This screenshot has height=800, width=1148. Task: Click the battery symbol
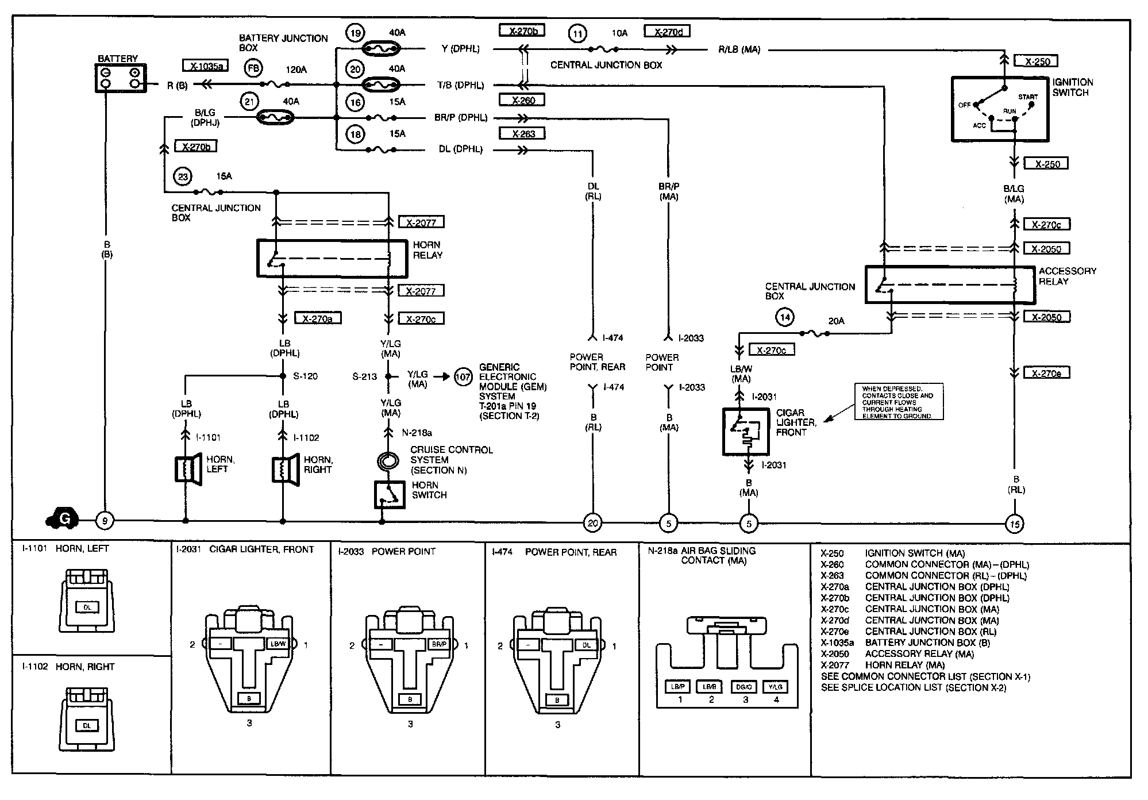[x=120, y=78]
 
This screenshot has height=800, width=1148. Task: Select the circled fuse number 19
[x=356, y=33]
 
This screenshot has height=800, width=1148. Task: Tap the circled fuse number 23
[x=183, y=176]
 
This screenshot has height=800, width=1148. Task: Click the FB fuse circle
[x=253, y=69]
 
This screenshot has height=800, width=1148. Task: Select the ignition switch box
[x=1000, y=109]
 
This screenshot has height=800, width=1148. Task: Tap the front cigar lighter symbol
[x=746, y=432]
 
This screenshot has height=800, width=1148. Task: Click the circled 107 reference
[x=463, y=377]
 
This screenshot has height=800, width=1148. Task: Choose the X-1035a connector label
[x=205, y=66]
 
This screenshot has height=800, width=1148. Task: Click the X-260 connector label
[x=522, y=100]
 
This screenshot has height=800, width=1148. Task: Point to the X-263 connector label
[x=522, y=134]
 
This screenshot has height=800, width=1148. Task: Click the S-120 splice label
[x=305, y=376]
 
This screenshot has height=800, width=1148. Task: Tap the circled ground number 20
[x=592, y=523]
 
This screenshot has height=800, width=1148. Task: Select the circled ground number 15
[x=1015, y=524]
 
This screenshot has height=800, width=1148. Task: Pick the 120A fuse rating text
[x=296, y=70]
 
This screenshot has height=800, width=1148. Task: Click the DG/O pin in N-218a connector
[x=745, y=686]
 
